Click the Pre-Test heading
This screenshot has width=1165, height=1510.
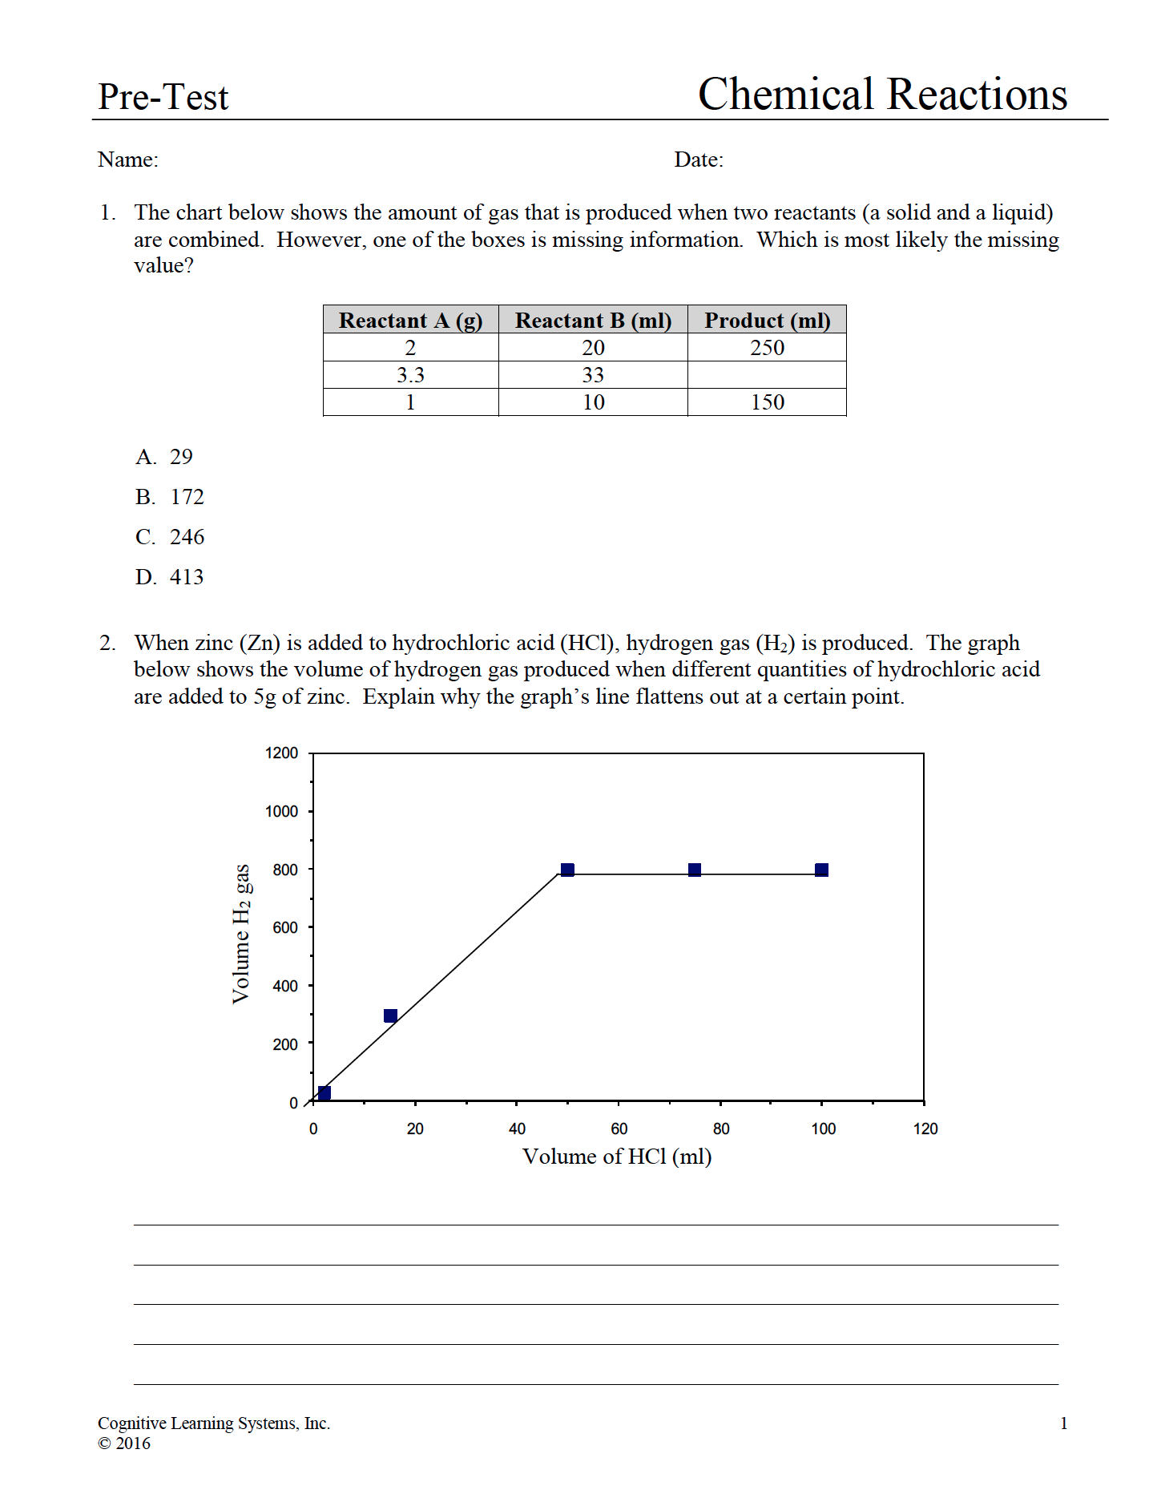pyautogui.click(x=163, y=97)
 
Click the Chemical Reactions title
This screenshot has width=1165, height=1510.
pyautogui.click(x=882, y=95)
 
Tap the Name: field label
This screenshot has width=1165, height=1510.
pyautogui.click(x=128, y=159)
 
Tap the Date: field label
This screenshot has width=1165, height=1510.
pyautogui.click(x=699, y=159)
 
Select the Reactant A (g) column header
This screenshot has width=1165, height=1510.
pyautogui.click(x=410, y=321)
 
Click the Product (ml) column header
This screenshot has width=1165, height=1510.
pyautogui.click(x=767, y=321)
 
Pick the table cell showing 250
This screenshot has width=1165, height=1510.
pyautogui.click(x=767, y=348)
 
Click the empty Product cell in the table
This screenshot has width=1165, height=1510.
pyautogui.click(x=767, y=375)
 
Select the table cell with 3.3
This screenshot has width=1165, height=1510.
pyautogui.click(x=410, y=375)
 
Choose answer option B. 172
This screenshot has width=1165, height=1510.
pyautogui.click(x=170, y=497)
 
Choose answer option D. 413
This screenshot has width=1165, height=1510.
pyautogui.click(x=170, y=577)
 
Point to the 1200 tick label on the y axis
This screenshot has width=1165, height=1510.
pyautogui.click(x=281, y=753)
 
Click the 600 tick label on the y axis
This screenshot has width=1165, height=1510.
pyautogui.click(x=284, y=927)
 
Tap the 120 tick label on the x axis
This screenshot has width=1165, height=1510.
pyautogui.click(x=925, y=1128)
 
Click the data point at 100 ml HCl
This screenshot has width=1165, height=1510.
pyautogui.click(x=821, y=870)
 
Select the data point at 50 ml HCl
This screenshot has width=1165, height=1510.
pyautogui.click(x=567, y=870)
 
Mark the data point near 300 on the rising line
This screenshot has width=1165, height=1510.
pyautogui.click(x=390, y=1016)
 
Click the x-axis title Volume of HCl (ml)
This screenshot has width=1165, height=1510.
pyautogui.click(x=617, y=1157)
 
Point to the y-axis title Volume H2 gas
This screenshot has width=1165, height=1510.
pyautogui.click(x=241, y=934)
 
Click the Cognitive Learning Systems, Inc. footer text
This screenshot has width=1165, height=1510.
pyautogui.click(x=214, y=1423)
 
